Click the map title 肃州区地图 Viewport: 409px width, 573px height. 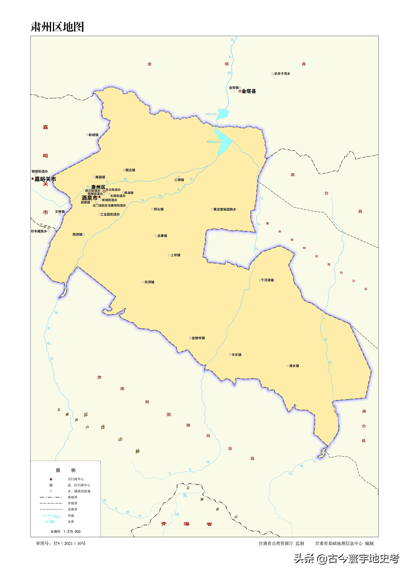pyautogui.click(x=57, y=27)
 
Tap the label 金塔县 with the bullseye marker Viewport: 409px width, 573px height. pyautogui.click(x=248, y=91)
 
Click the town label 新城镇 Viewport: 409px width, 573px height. pyautogui.click(x=93, y=135)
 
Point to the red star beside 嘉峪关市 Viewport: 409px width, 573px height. pyautogui.click(x=32, y=179)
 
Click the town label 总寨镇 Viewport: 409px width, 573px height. pyautogui.click(x=162, y=236)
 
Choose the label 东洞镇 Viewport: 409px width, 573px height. pyautogui.click(x=149, y=282)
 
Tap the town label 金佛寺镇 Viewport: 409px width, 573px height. pyautogui.click(x=198, y=338)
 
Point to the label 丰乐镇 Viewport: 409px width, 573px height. pyautogui.click(x=236, y=355)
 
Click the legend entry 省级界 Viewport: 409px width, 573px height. pyautogui.click(x=72, y=497)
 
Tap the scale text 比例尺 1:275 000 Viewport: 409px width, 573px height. pyautogui.click(x=65, y=531)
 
